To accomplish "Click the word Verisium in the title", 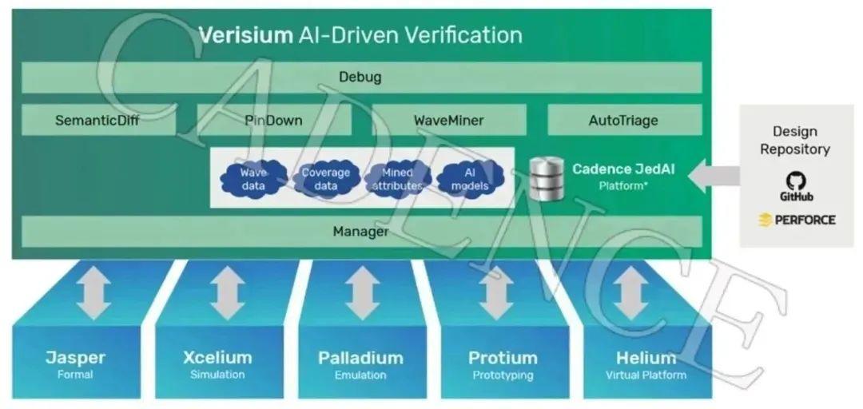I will point(245,35).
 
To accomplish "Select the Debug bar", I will point(360,77).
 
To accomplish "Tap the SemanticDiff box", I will point(98,121).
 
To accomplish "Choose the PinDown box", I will point(273,121).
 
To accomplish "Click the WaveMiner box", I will point(448,121).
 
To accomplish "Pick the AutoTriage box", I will point(623,121).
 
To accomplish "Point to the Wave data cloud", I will point(253,179).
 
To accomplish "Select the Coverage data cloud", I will point(325,179).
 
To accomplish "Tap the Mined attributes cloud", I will point(397,179).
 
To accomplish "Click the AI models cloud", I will point(470,179).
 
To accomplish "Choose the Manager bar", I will point(360,232).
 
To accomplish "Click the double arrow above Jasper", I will point(93,292).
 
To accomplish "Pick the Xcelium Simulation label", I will point(217,364).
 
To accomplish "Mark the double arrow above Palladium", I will point(362,292).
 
